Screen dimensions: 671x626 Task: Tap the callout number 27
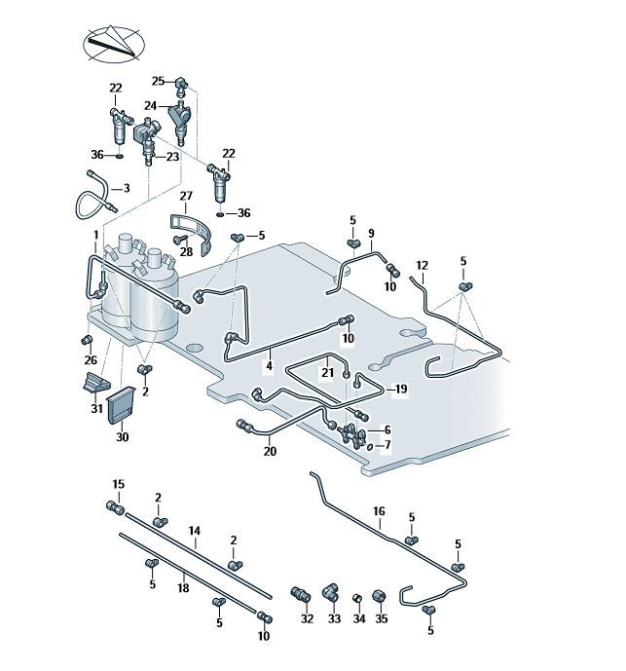(186, 196)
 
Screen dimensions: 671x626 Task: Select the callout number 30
(122, 437)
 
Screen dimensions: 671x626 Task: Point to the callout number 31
(96, 409)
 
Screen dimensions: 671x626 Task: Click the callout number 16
(379, 510)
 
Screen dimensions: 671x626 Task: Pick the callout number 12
(422, 265)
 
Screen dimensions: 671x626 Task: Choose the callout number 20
(270, 451)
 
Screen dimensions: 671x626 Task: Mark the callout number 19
(400, 389)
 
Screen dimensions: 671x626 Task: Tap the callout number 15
(119, 484)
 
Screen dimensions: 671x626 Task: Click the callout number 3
(126, 188)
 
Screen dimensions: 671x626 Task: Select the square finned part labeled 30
(121, 405)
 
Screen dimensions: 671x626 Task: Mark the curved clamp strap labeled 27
(194, 228)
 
